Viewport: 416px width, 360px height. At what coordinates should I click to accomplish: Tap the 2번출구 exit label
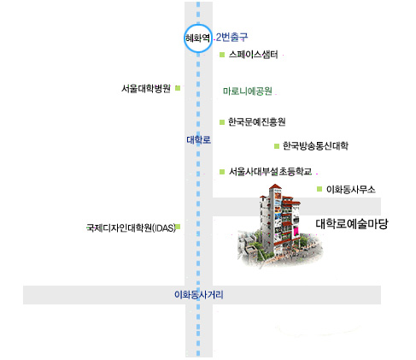pyautogui.click(x=231, y=37)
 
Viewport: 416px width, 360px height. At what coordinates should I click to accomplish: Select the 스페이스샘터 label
pyautogui.click(x=253, y=54)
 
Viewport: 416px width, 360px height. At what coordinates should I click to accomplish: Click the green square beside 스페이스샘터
pyautogui.click(x=222, y=55)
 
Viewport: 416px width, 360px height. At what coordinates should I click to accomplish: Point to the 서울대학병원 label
pyautogui.click(x=146, y=88)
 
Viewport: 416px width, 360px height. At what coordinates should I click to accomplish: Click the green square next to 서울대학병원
pyautogui.click(x=178, y=88)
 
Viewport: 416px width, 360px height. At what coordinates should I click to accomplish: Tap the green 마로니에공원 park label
pyautogui.click(x=248, y=91)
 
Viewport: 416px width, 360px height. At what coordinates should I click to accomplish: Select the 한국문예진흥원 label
pyautogui.click(x=257, y=122)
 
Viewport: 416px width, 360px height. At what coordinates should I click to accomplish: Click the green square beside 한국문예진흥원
pyautogui.click(x=222, y=122)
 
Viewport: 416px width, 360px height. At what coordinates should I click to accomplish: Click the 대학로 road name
pyautogui.click(x=199, y=139)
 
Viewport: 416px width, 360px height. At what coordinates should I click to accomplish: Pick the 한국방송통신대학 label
pyautogui.click(x=315, y=146)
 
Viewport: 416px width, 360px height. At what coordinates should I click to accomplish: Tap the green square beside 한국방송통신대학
pyautogui.click(x=277, y=146)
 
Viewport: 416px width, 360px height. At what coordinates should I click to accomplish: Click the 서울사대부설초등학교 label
pyautogui.click(x=270, y=171)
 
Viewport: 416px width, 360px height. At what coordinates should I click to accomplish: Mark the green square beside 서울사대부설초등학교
pyautogui.click(x=222, y=172)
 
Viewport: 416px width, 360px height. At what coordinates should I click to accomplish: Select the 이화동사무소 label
pyautogui.click(x=351, y=189)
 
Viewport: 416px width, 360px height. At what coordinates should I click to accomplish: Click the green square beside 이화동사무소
pyautogui.click(x=319, y=189)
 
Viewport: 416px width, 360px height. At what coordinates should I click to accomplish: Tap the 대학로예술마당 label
pyautogui.click(x=352, y=224)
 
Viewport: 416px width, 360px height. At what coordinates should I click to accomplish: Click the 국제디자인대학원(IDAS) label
pyautogui.click(x=131, y=227)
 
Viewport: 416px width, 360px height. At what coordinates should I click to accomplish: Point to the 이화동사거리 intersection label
pyautogui.click(x=199, y=294)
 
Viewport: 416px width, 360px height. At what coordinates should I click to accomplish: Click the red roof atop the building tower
pyautogui.click(x=275, y=186)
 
